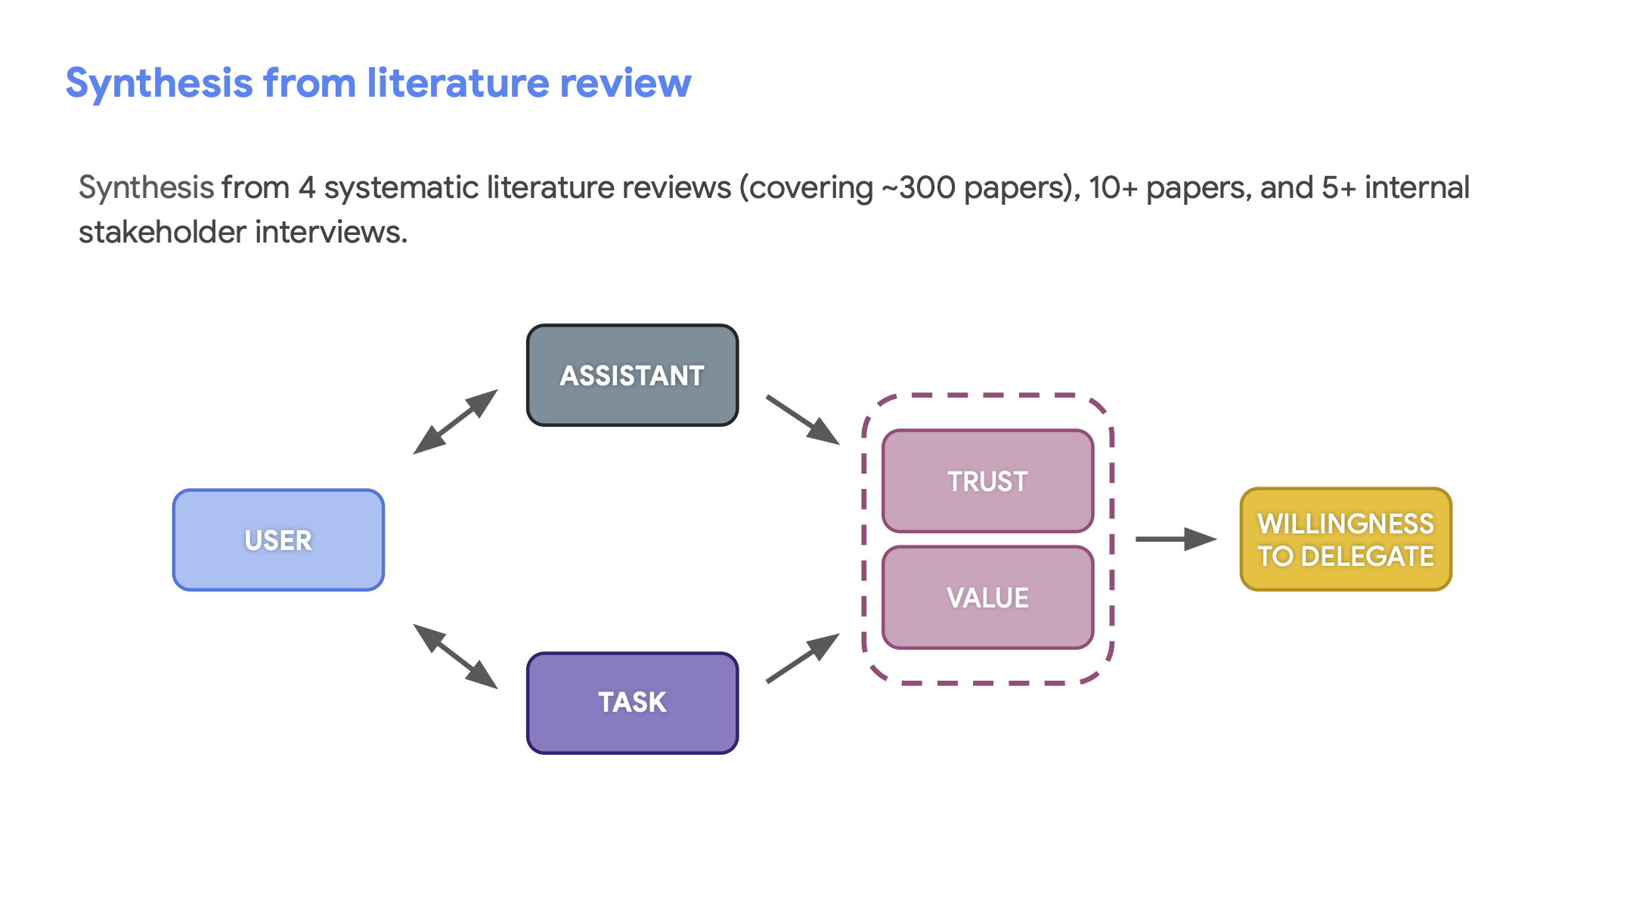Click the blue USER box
[x=278, y=540]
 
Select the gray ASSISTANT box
[x=632, y=376]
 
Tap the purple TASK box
[x=632, y=703]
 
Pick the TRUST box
[x=987, y=481]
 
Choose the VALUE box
[x=987, y=598]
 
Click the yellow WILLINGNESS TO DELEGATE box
[x=1346, y=539]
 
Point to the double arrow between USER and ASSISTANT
[x=456, y=422]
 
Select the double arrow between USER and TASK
[x=456, y=656]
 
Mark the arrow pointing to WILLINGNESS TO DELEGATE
[x=1176, y=539]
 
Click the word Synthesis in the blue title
[x=159, y=83]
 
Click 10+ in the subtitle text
[x=1113, y=188]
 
